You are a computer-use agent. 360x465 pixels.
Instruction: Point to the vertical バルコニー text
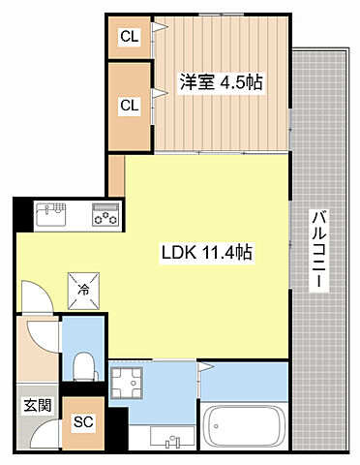(317, 249)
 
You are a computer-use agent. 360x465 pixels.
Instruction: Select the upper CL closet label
(128, 38)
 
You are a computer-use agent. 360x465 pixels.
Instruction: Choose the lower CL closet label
(128, 105)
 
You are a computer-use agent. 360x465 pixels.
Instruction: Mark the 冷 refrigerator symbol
(83, 288)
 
